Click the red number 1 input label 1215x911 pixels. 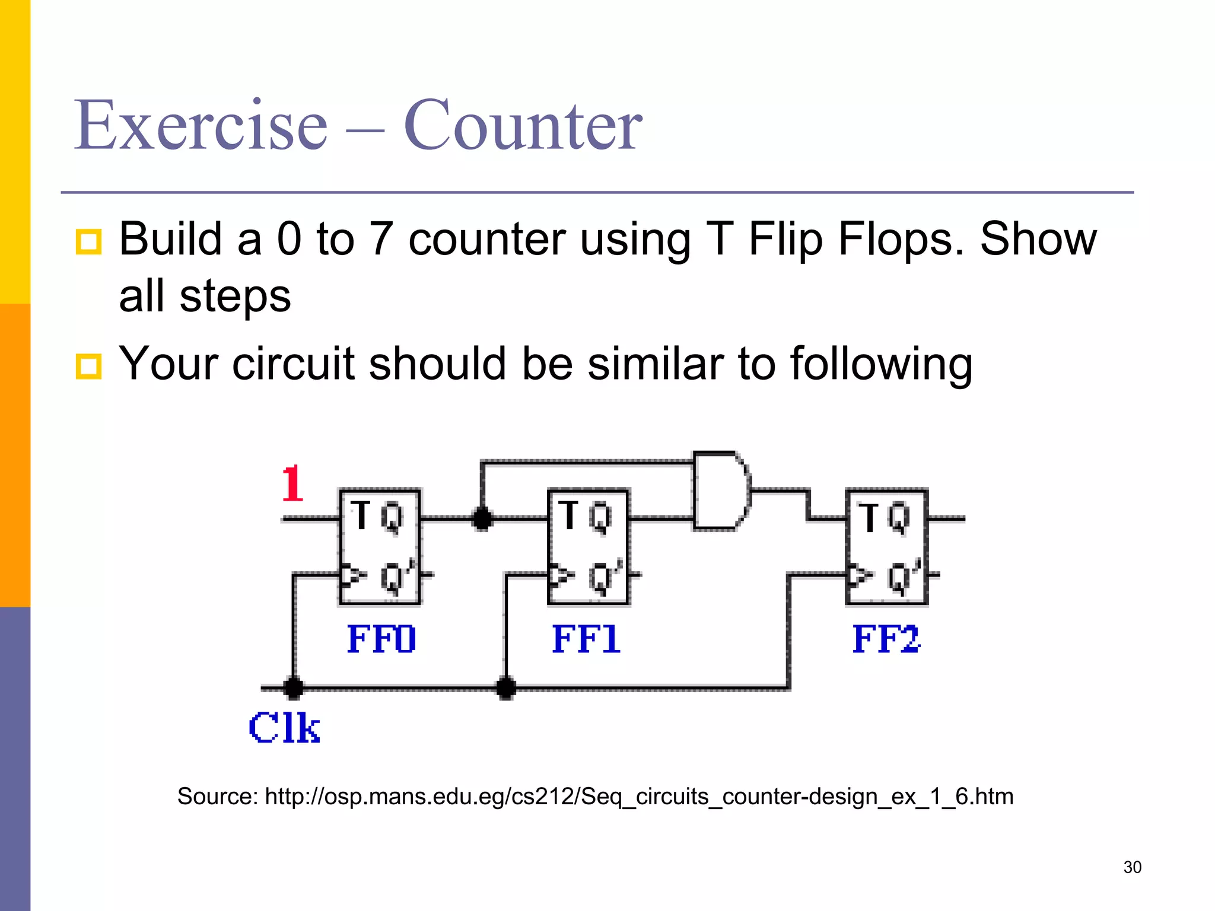tap(292, 483)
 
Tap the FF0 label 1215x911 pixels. tap(381, 639)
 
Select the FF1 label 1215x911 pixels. tap(586, 639)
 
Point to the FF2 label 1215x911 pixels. tap(886, 639)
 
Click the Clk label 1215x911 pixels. tap(284, 728)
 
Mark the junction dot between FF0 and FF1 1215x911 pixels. tap(482, 518)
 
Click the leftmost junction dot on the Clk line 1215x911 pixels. tap(293, 688)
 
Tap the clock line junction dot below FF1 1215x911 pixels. tap(505, 688)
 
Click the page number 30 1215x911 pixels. tap(1132, 867)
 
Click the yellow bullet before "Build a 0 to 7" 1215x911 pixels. tap(89, 242)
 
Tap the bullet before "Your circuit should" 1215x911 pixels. tap(89, 366)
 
